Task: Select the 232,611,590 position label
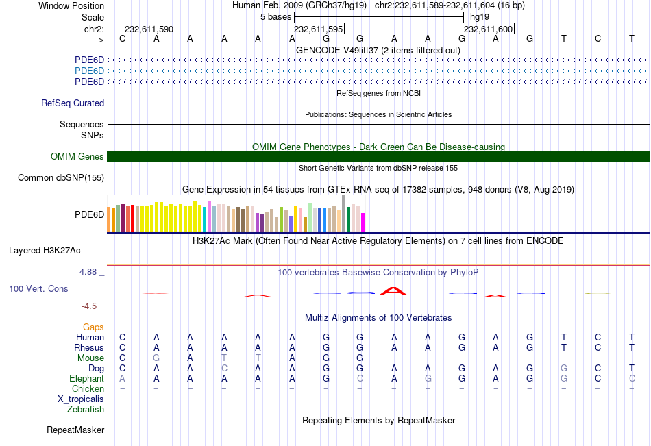(x=148, y=29)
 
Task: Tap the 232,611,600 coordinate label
(x=488, y=29)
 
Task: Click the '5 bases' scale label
(x=275, y=16)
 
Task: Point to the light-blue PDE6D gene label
(x=89, y=71)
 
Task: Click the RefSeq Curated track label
(x=73, y=103)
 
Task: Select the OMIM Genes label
(x=77, y=156)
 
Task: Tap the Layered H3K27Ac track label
(x=45, y=250)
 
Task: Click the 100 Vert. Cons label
(x=38, y=288)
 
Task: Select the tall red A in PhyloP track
(x=393, y=290)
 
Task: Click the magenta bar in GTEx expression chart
(x=363, y=222)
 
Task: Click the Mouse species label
(x=90, y=358)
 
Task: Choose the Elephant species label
(x=86, y=378)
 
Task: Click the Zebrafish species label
(x=86, y=410)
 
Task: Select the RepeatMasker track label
(x=75, y=430)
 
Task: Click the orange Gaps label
(x=93, y=327)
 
